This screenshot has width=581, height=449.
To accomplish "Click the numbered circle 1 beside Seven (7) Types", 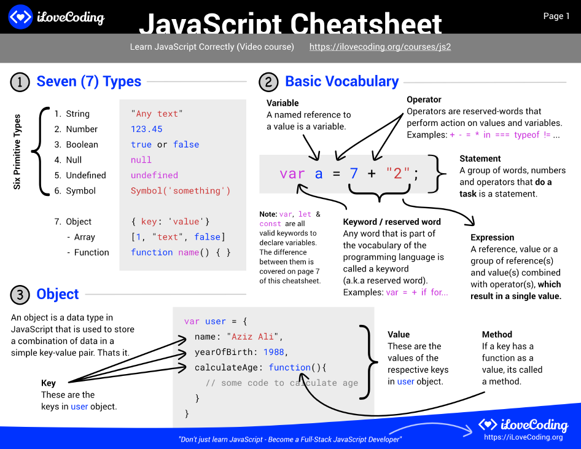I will click(x=20, y=82).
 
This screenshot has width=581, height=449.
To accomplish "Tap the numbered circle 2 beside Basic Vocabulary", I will click(x=268, y=82).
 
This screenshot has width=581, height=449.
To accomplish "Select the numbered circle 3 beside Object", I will click(x=20, y=295).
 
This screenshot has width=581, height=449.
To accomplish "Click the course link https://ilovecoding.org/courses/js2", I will click(x=380, y=47).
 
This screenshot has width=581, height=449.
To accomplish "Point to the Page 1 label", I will click(x=556, y=16).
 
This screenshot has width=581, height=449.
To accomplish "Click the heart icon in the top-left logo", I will click(x=20, y=17).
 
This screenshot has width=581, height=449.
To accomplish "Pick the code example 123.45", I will click(x=147, y=129).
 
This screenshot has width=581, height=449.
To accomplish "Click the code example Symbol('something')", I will click(x=181, y=190).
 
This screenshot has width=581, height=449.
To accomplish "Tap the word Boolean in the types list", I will click(x=82, y=144).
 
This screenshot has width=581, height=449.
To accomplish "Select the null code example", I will click(x=141, y=160).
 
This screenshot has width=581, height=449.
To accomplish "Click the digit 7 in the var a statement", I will click(x=354, y=173).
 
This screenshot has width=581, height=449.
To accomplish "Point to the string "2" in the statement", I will click(x=397, y=173).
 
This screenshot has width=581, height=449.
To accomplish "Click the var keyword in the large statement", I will click(x=292, y=173).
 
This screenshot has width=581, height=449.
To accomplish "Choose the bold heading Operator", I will click(x=424, y=100).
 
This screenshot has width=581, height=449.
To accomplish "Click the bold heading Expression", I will click(x=492, y=238).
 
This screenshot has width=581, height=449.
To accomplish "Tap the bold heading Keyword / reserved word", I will click(x=392, y=222).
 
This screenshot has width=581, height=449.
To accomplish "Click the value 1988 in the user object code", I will click(x=274, y=352).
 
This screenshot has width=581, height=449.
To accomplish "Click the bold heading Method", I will click(x=497, y=335).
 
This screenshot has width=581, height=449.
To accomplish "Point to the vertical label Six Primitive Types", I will click(x=17, y=152).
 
